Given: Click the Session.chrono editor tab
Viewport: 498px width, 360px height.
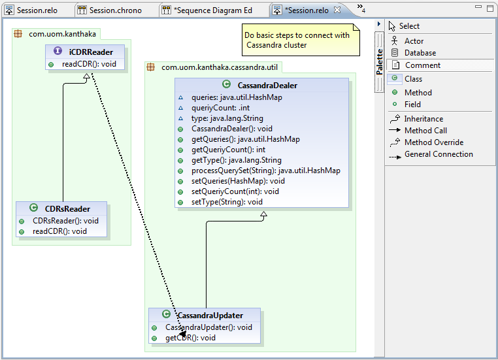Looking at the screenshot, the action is coord(110,10).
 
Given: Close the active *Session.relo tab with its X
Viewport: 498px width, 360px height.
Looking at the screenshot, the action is coord(337,10).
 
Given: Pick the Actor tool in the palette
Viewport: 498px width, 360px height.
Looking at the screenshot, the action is coord(409,41).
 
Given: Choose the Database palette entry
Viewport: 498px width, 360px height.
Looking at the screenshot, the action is coord(415,53).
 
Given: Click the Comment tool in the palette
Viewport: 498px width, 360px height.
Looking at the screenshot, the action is coord(418,65).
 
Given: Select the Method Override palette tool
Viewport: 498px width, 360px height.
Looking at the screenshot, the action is coord(427,142).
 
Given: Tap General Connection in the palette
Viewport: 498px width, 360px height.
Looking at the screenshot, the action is coord(431,154).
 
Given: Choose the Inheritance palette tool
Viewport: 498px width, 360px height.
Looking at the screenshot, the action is coord(417,119).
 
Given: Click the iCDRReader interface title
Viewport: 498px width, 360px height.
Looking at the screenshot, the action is coord(91,52).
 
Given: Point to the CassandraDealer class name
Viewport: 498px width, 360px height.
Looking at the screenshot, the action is coord(267,86).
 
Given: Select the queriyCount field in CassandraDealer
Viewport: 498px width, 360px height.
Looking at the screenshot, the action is coord(220,108).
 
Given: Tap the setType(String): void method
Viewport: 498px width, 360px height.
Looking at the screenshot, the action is coord(227,202).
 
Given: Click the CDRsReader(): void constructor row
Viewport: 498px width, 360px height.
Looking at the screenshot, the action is coord(65,221).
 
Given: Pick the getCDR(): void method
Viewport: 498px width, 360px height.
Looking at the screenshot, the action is coord(190,338).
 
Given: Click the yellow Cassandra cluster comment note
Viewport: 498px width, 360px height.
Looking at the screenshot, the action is coord(301,40).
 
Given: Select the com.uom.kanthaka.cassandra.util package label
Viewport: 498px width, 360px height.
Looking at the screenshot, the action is coord(220,67).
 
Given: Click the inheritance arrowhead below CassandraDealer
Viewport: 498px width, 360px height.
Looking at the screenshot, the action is coord(263,215).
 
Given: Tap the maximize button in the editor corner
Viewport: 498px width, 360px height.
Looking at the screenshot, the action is coord(490,8).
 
